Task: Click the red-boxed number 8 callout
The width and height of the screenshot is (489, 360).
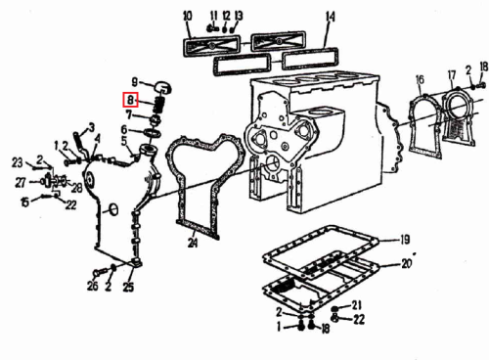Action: coord(130,100)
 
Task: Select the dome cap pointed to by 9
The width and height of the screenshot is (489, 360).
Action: coord(162,87)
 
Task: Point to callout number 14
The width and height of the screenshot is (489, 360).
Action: coord(331,17)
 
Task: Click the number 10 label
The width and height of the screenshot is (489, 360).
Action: coord(188,17)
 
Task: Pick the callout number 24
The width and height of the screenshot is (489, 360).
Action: coord(193,243)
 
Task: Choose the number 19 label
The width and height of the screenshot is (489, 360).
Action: coord(405,240)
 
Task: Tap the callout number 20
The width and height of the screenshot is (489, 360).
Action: coord(407,263)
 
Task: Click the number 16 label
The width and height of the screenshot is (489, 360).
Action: coord(420,79)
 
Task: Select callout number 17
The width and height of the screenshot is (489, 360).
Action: coord(452,75)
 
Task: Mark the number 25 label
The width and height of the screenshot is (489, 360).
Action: coord(128,287)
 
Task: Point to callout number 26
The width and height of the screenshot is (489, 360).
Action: coord(93,286)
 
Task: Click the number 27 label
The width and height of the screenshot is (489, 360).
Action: coord(21,183)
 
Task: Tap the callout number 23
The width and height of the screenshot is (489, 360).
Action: coord(18,162)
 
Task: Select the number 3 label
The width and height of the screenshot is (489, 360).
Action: coord(92,127)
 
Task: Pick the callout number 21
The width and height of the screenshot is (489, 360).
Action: coord(357,305)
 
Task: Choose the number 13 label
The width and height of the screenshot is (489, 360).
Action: coord(239,16)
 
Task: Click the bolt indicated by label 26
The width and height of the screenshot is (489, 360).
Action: coord(100,271)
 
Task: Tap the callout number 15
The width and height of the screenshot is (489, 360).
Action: coord(25,202)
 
